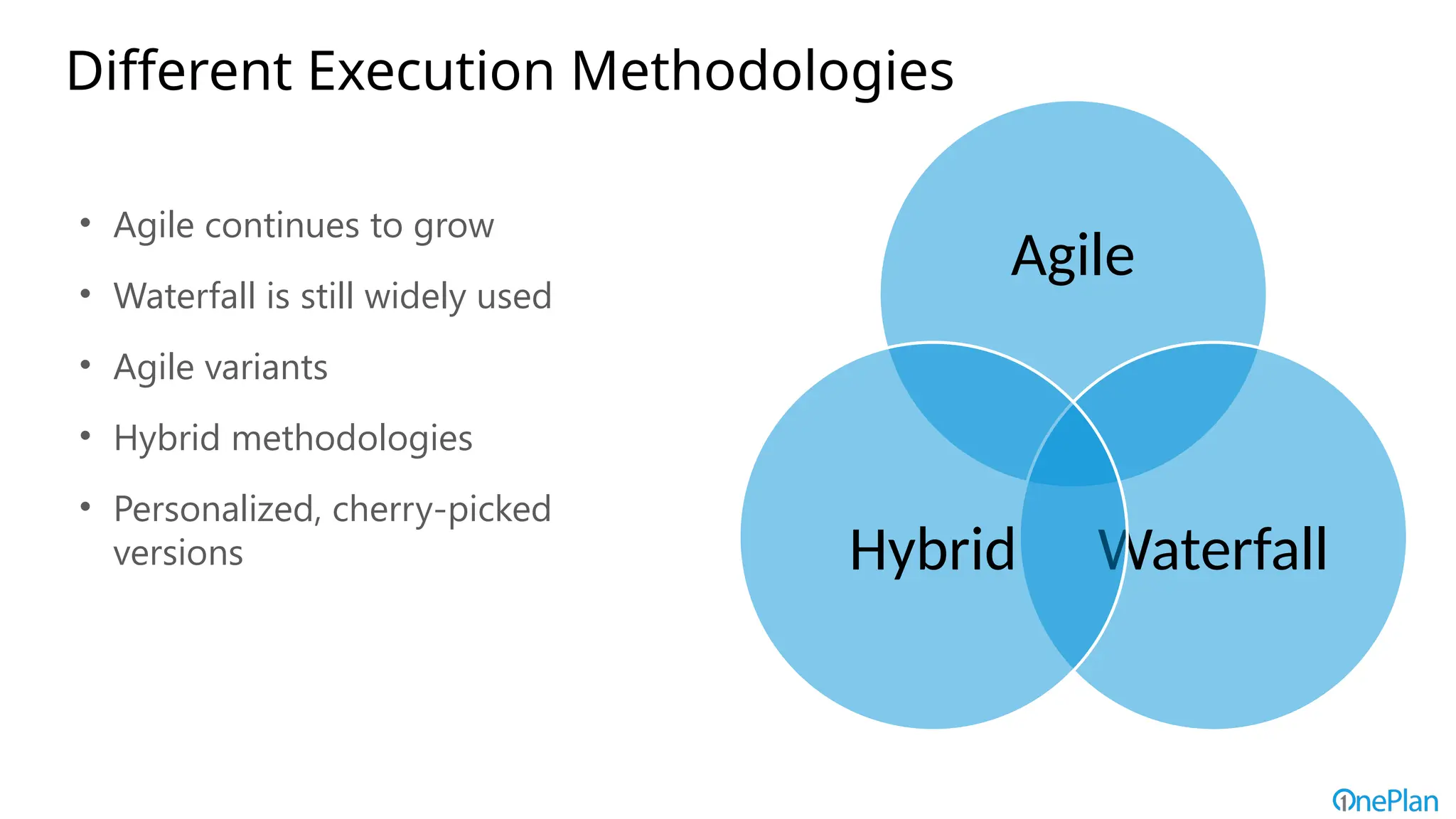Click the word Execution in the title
click(x=431, y=71)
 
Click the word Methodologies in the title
click(x=762, y=73)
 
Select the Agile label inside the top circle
click(x=1073, y=256)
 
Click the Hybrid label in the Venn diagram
click(x=932, y=550)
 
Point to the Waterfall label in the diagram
click(x=1213, y=550)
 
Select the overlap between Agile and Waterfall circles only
click(x=1166, y=405)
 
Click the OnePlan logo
click(x=1385, y=801)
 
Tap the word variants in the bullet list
click(x=266, y=368)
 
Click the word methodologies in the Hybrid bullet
click(x=352, y=439)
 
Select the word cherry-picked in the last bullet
click(x=441, y=510)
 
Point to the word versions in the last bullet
click(x=178, y=553)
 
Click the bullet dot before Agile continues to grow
click(x=85, y=223)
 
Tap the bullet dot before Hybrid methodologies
click(x=85, y=436)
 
